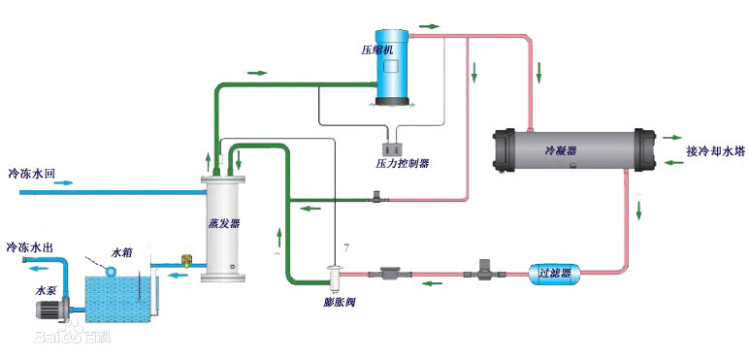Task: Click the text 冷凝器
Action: pos(560,151)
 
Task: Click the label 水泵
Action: pos(48,289)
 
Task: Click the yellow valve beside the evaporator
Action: pos(185,260)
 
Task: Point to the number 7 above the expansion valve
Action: pos(336,252)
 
